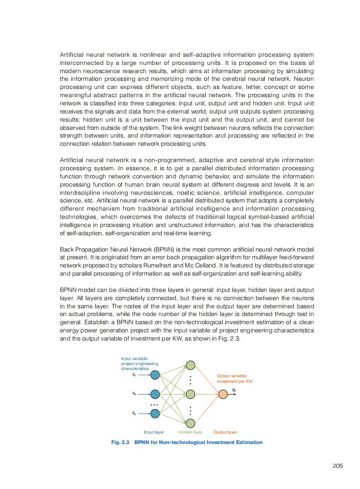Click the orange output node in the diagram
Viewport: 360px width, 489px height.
click(223, 394)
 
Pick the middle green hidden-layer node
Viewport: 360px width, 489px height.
click(191, 394)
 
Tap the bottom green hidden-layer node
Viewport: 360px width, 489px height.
click(191, 423)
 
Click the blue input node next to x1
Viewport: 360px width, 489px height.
click(155, 375)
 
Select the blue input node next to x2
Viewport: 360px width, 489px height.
click(155, 394)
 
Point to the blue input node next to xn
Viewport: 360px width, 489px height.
click(155, 413)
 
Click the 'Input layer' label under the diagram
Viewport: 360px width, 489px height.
click(154, 432)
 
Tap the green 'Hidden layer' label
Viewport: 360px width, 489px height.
click(190, 432)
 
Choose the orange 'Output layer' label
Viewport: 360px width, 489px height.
click(225, 432)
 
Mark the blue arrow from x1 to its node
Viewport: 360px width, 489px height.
click(143, 375)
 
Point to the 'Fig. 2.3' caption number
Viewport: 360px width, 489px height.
click(121, 442)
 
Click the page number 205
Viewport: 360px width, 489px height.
click(337, 466)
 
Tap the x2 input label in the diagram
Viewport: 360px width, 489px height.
click(134, 394)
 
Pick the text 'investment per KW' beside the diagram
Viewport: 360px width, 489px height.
click(234, 381)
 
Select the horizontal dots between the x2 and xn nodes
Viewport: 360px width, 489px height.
click(154, 405)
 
